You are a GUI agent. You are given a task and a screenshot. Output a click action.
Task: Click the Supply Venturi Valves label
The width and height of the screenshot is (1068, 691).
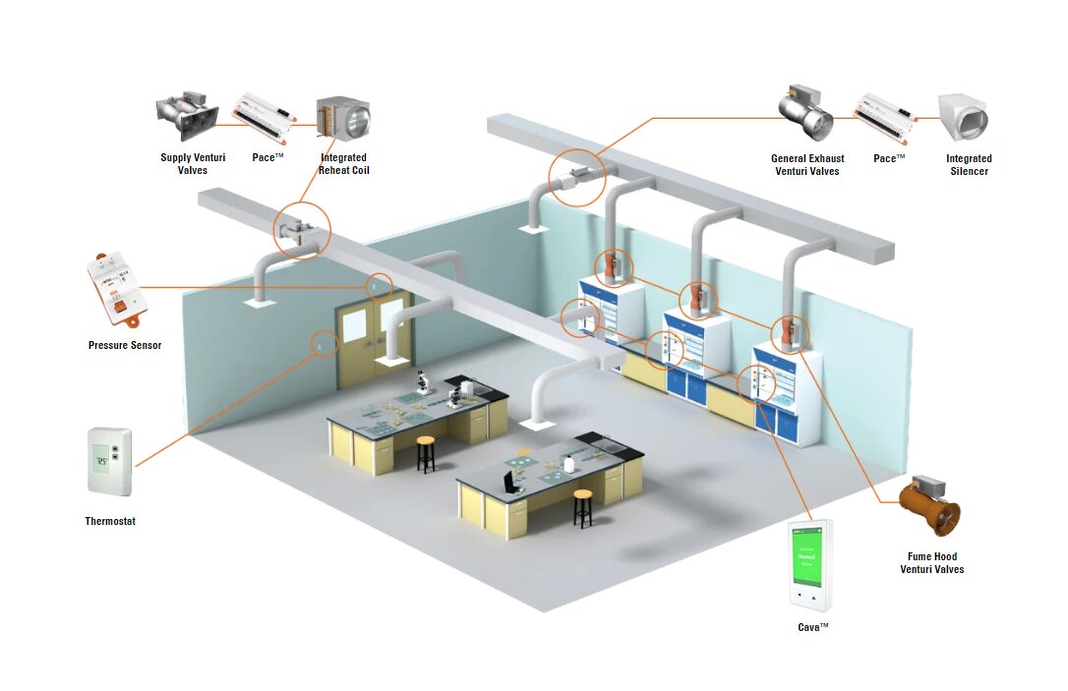pyautogui.click(x=193, y=164)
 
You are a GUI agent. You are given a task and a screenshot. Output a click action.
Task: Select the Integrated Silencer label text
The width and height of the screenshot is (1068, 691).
pyautogui.click(x=969, y=164)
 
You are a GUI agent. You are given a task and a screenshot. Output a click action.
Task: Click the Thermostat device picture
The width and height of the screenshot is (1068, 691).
pyautogui.click(x=109, y=461)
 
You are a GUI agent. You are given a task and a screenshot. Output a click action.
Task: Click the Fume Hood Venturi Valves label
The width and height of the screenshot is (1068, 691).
pyautogui.click(x=931, y=563)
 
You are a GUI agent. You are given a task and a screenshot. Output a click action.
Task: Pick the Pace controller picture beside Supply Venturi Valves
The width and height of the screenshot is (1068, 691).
pyautogui.click(x=264, y=118)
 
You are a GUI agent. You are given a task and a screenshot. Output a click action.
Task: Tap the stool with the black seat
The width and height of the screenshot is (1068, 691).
pyautogui.click(x=426, y=453)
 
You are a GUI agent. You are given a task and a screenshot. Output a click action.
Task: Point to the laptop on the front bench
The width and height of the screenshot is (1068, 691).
pyautogui.click(x=512, y=482)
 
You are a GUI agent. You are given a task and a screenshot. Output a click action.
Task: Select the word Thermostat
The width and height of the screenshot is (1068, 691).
pyautogui.click(x=110, y=521)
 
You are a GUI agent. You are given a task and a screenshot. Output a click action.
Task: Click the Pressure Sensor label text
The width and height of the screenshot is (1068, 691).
pyautogui.click(x=125, y=345)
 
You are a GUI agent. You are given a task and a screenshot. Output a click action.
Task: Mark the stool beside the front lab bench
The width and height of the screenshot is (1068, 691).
pyautogui.click(x=583, y=507)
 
